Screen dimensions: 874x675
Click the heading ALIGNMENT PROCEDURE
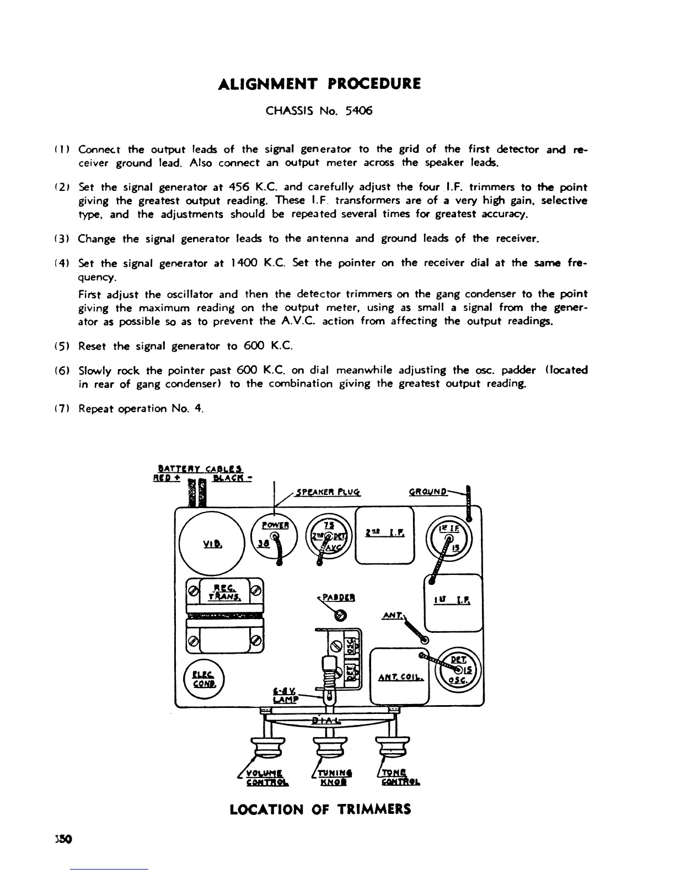coord(319,84)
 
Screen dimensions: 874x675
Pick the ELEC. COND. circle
coord(204,680)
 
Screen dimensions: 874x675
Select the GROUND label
coord(428,492)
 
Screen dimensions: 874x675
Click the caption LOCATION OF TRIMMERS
coord(320,809)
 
